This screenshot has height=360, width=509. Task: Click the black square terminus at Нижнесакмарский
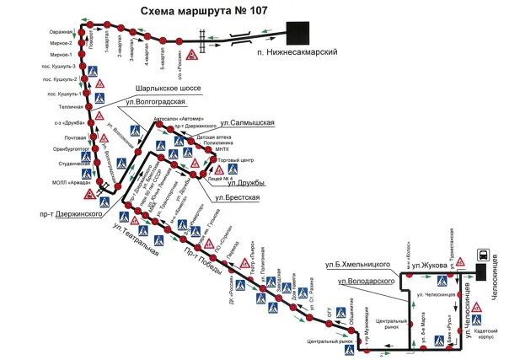click(297, 33)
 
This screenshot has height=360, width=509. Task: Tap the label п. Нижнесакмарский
click(297, 52)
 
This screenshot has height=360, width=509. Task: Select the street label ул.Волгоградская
click(155, 102)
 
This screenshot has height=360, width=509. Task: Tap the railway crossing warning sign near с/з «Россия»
click(192, 55)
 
